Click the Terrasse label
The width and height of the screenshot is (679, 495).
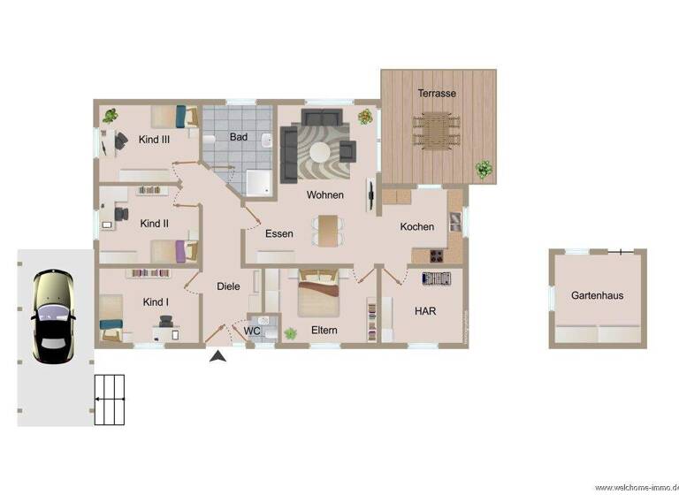(437, 93)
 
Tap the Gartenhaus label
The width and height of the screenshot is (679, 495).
(597, 295)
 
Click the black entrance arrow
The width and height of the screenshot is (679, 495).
(217, 355)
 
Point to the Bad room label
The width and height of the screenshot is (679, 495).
(239, 137)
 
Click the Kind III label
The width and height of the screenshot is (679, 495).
(154, 139)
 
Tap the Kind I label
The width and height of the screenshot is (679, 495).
(156, 302)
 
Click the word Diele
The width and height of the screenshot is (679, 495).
(228, 286)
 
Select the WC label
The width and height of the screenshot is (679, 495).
(252, 331)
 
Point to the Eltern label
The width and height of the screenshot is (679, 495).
(324, 331)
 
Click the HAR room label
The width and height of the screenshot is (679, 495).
(425, 311)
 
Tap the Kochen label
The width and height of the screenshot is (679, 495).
(417, 227)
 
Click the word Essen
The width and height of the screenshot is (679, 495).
(279, 234)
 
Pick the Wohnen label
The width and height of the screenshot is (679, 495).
(324, 194)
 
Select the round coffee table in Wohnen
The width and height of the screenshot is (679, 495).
(318, 152)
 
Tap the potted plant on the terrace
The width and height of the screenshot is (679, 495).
(484, 169)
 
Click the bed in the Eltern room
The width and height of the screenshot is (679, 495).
(318, 294)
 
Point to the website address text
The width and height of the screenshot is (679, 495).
(636, 487)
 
